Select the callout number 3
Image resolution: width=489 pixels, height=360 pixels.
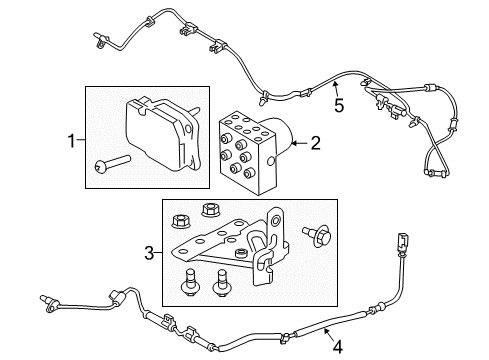pos(148,254)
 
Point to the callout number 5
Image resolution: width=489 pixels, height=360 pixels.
pos(339,103)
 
